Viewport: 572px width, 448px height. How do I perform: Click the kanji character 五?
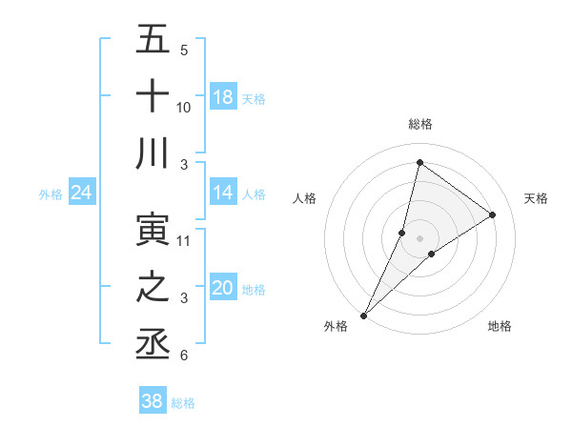(x=153, y=40)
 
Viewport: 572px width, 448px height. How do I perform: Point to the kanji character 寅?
(x=153, y=229)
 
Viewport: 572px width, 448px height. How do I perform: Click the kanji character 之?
(x=153, y=287)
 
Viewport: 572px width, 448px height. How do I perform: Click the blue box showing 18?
(x=222, y=97)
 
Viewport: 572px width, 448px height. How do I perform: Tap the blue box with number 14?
(x=222, y=193)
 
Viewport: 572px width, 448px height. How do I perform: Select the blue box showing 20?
(x=222, y=288)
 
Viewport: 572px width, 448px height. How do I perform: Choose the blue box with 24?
(x=81, y=193)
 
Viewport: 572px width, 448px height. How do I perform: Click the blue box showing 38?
(x=153, y=401)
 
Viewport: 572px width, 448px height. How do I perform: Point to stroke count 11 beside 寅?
(x=184, y=241)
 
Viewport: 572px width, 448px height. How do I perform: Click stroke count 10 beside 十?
(x=184, y=108)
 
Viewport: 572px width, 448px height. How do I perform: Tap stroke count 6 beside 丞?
(x=183, y=356)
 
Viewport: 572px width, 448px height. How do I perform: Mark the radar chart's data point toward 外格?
(x=363, y=315)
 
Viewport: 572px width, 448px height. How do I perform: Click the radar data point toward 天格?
(x=493, y=215)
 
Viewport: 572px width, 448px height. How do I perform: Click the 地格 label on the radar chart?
(x=500, y=327)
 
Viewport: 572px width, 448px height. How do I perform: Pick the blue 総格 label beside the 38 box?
(x=183, y=403)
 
